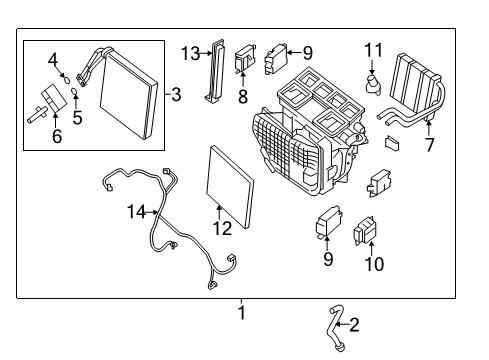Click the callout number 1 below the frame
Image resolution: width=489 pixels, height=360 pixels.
click(x=240, y=313)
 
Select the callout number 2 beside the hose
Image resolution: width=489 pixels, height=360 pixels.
click(x=353, y=323)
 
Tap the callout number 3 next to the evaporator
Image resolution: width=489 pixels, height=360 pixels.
click(x=176, y=96)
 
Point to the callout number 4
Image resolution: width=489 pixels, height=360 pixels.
click(x=53, y=59)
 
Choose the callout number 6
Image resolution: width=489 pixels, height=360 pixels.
click(x=56, y=136)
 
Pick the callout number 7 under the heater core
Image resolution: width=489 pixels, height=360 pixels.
click(x=430, y=145)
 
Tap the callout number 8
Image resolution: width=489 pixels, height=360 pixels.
click(x=241, y=98)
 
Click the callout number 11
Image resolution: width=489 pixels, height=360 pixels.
click(x=374, y=50)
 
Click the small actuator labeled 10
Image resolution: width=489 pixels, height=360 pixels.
click(x=364, y=233)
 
